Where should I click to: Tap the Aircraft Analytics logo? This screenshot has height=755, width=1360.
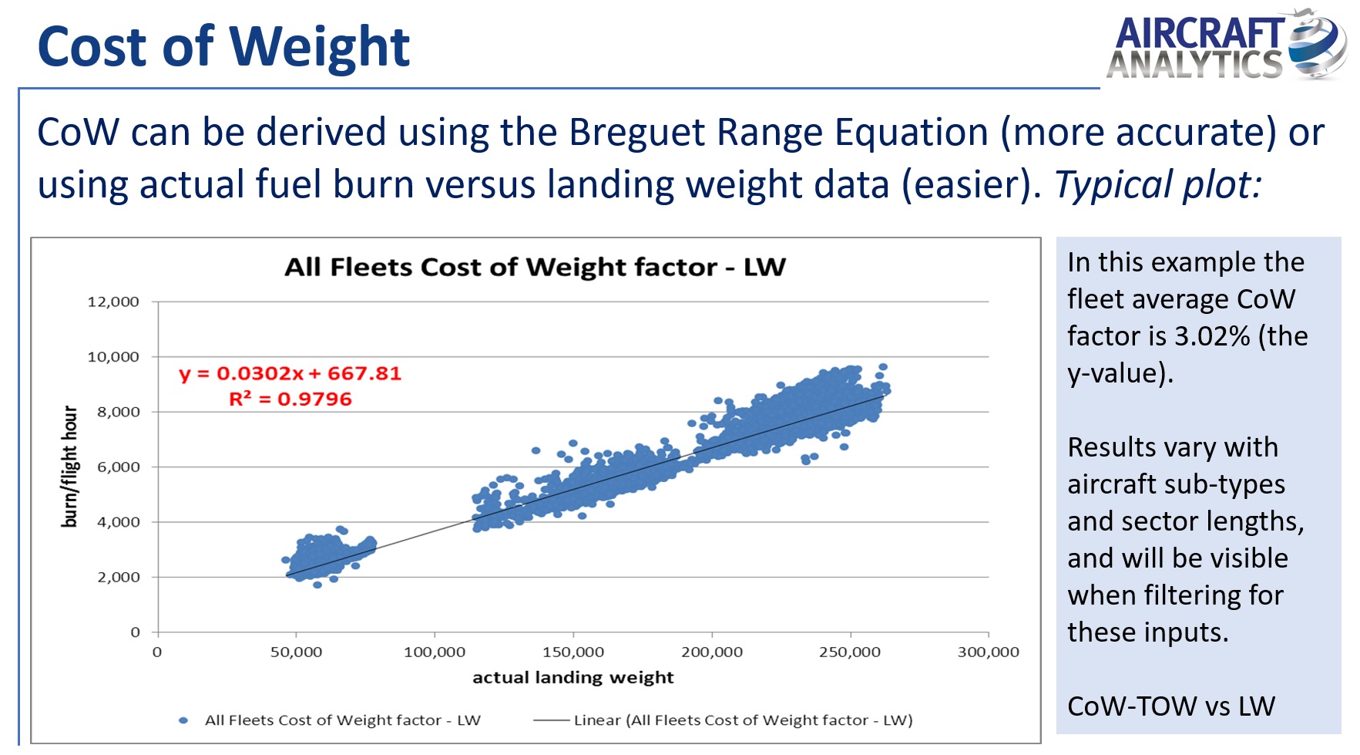1227,46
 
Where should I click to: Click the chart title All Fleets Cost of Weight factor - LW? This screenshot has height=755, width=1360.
535,267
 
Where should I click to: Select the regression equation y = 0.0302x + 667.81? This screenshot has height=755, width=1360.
290,373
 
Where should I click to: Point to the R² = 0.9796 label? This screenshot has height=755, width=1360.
290,399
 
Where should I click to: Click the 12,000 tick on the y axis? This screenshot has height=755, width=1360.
113,302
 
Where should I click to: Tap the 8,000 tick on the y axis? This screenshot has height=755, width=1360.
118,412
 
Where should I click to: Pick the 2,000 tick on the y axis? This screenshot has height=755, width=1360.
118,577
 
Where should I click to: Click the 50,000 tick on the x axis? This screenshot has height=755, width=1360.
296,652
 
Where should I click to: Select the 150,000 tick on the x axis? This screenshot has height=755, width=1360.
573,652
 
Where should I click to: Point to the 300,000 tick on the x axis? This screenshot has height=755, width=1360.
988,652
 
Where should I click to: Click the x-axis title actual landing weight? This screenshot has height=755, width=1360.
573,677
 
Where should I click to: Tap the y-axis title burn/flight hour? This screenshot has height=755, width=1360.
69,467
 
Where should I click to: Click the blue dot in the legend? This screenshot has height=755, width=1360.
183,720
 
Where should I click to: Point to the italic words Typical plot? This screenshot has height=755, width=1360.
1157,185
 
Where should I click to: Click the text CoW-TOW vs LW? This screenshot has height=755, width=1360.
1171,706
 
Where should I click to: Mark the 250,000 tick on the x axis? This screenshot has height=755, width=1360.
850,652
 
